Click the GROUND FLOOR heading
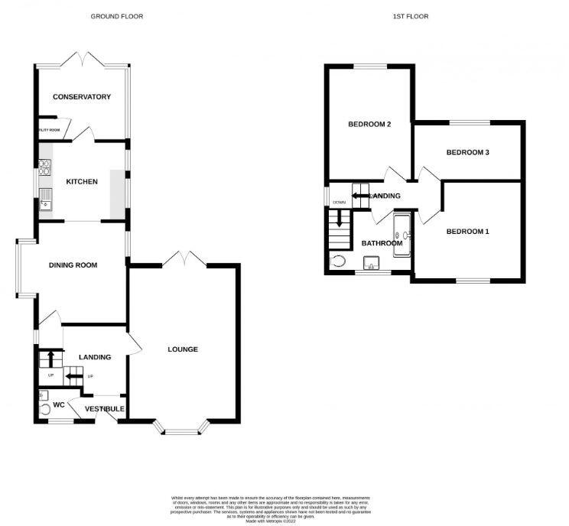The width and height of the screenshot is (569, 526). [117, 16]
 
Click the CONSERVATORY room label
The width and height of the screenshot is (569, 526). [81, 97]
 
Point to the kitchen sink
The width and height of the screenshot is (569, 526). [44, 199]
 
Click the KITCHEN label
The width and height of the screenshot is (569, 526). [81, 182]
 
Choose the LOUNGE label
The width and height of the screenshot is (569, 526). [183, 349]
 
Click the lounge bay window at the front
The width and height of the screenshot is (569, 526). [181, 430]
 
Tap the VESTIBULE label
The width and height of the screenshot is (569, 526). [105, 410]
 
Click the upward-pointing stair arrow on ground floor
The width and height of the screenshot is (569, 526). [51, 357]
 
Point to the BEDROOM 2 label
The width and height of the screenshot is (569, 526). [369, 125]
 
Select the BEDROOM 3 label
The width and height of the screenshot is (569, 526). [467, 152]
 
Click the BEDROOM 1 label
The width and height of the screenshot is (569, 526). [467, 232]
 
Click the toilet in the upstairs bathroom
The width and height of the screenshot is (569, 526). [339, 261]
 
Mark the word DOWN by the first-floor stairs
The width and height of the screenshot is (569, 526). [339, 202]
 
